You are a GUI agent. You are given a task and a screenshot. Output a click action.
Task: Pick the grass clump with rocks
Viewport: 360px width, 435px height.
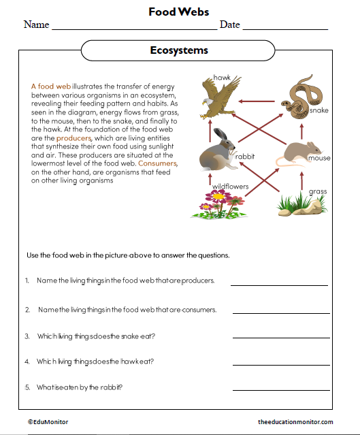pos(300,204)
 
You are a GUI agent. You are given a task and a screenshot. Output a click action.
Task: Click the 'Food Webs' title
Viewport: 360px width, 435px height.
pos(179,12)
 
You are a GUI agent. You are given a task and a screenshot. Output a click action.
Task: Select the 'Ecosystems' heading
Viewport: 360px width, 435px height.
pos(179,50)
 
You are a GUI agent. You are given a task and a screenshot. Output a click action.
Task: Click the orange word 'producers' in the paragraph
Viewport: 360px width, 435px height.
pos(73,138)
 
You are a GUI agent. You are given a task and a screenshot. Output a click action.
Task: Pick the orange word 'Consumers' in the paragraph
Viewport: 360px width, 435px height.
pos(158,164)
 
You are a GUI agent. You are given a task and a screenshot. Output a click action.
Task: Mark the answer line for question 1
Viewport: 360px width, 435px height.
pos(279,285)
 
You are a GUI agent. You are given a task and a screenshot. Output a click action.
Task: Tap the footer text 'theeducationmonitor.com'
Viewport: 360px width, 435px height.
pos(295,422)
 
